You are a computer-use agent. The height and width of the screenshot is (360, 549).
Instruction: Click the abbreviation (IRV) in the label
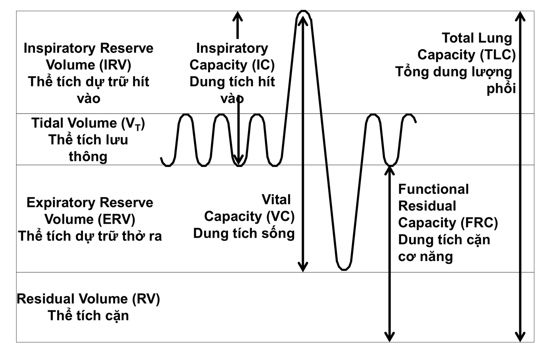coord(115,65)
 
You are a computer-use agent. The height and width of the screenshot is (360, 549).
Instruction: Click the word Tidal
coord(48,123)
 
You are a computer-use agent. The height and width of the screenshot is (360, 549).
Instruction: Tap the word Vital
coord(276,199)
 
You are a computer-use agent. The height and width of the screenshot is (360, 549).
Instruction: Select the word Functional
coord(433,189)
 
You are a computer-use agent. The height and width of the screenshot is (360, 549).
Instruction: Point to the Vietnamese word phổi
coord(501,88)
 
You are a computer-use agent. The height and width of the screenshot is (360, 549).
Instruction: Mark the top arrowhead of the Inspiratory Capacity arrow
coord(237,16)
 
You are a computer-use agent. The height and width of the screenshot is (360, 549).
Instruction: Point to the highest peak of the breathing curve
coord(303,12)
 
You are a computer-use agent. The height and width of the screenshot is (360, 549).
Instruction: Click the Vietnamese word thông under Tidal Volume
coord(88,157)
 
